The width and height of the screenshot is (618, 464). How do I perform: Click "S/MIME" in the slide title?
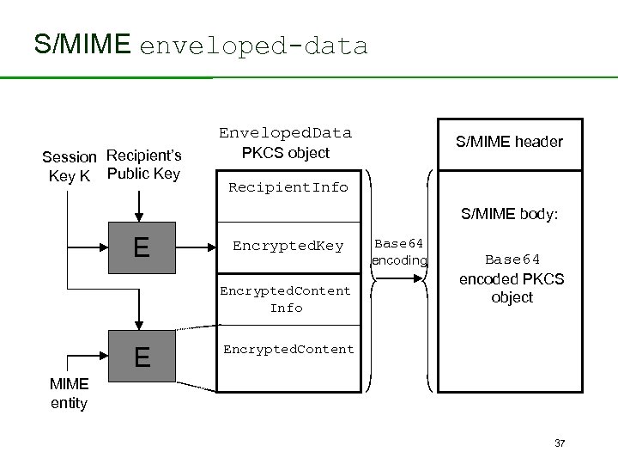[x=82, y=44]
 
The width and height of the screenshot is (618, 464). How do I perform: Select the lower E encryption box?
[x=142, y=356]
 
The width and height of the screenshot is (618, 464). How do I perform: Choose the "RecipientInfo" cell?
[x=287, y=187]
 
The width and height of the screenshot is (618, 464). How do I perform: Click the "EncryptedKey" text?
[x=287, y=246]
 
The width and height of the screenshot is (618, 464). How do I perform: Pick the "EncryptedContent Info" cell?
[x=286, y=299]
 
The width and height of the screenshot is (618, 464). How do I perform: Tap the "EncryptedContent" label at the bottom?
[x=288, y=350]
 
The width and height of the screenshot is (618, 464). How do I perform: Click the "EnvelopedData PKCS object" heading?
[x=285, y=143]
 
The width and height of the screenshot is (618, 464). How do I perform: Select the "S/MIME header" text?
[x=510, y=142]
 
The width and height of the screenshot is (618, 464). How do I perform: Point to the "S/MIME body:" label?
[x=510, y=212]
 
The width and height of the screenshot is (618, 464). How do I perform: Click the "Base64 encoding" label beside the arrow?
[x=399, y=252]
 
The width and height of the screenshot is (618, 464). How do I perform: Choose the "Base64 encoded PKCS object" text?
[x=512, y=278]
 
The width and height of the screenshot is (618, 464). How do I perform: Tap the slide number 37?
[x=560, y=443]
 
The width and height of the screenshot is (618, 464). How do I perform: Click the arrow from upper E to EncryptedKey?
[x=196, y=247]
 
